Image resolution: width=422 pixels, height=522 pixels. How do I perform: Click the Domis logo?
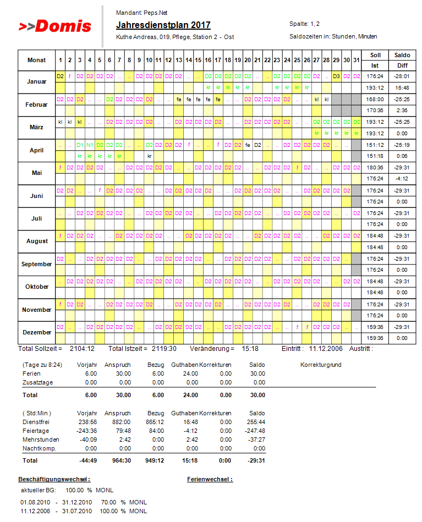coord(54,26)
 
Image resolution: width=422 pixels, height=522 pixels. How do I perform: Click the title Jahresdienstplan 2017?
coord(163,25)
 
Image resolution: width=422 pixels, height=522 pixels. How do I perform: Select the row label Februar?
coord(36,105)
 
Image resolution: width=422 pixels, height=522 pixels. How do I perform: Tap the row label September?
coord(36,264)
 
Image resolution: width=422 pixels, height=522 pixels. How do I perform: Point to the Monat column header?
coord(36,60)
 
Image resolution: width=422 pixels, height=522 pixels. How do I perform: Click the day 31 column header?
coord(356,60)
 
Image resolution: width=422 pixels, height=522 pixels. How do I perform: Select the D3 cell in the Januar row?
coord(336,76)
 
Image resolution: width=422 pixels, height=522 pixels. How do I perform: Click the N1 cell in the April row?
coord(90,145)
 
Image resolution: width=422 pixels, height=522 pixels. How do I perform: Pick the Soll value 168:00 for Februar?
coord(376,100)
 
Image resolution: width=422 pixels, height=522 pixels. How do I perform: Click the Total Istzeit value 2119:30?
coord(165,349)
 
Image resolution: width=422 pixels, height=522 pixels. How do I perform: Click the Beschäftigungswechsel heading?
coord(54,479)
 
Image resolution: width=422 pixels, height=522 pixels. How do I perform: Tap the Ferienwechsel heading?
coord(210,479)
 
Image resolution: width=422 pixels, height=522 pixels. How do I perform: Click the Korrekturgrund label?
coord(322,365)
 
